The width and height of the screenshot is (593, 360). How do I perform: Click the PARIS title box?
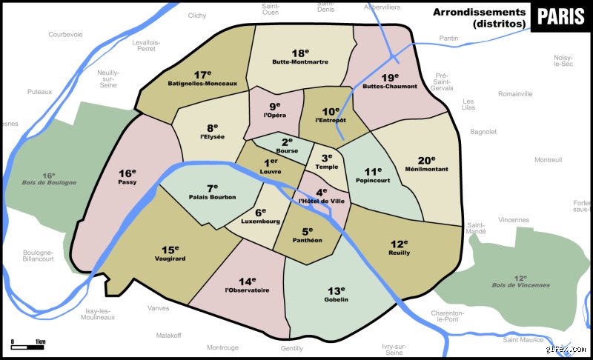pyautogui.click(x=560, y=17)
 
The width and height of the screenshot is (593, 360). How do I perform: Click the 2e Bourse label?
pyautogui.click(x=287, y=145)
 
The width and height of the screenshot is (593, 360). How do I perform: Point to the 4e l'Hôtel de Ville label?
pyautogui.click(x=321, y=196)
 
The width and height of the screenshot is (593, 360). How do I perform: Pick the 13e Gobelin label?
pyautogui.click(x=336, y=294)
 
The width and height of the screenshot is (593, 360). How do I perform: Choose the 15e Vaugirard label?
pyautogui.click(x=170, y=253)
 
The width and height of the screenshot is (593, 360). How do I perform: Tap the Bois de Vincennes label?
pyautogui.click(x=520, y=281)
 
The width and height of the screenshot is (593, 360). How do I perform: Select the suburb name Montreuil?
pyautogui.click(x=548, y=160)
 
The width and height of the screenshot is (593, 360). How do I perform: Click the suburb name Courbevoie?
pyautogui.click(x=65, y=34)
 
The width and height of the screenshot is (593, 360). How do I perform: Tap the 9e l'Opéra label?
pyautogui.click(x=274, y=111)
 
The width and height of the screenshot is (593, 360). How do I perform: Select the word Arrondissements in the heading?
pyautogui.click(x=479, y=12)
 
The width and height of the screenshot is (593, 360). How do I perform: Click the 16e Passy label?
pyautogui.click(x=127, y=177)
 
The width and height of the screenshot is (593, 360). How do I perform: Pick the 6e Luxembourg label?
pyautogui.click(x=260, y=216)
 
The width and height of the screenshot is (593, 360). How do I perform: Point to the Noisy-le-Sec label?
pyautogui.click(x=563, y=61)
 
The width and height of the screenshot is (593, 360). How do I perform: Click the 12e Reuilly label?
pyautogui.click(x=400, y=248)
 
